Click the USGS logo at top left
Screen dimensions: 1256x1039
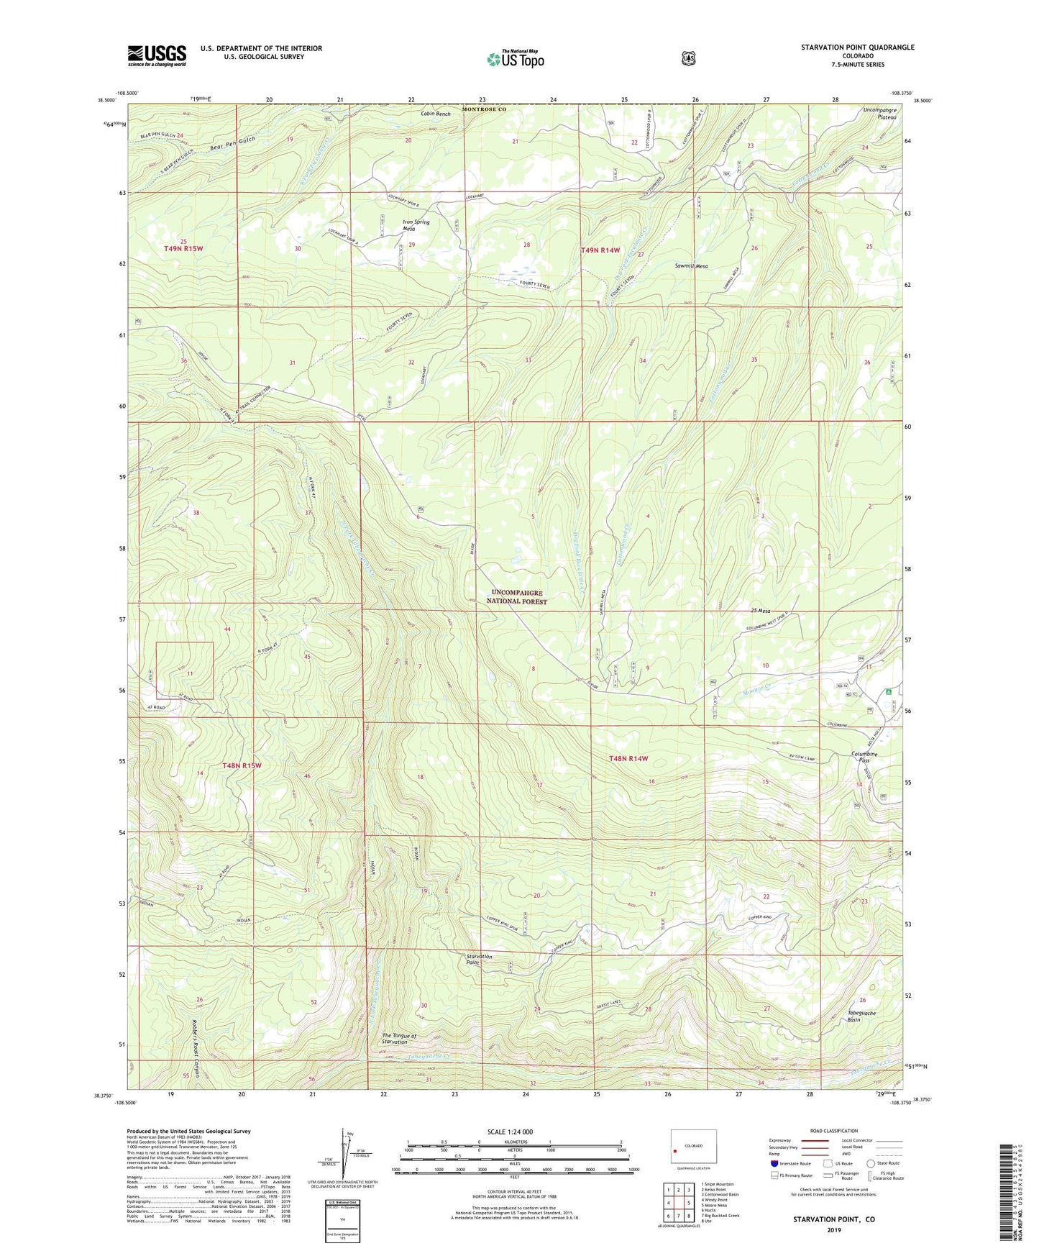point(157,55)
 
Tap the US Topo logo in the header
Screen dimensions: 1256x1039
point(514,59)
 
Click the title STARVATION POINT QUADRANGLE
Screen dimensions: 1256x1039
point(858,47)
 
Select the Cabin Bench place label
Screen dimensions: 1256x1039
point(436,114)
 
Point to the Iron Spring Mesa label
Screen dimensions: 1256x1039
point(416,225)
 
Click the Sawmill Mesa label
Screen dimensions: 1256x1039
point(691,266)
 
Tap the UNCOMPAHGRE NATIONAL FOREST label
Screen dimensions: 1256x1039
point(517,597)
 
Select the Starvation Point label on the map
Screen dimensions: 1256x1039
point(479,959)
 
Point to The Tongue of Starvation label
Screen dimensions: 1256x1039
point(399,1039)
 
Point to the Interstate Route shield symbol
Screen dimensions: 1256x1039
point(774,1163)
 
